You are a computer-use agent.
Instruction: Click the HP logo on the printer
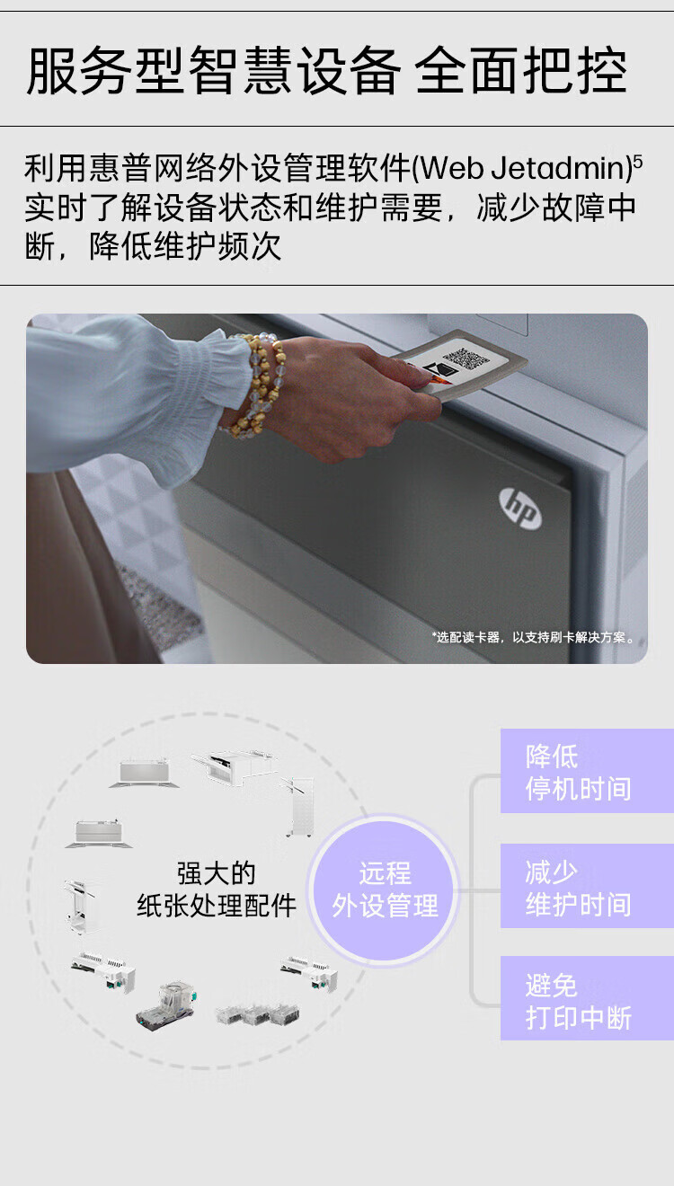pos(520,508)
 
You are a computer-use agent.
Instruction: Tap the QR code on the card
pos(466,358)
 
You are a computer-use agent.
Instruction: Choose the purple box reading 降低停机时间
pos(587,770)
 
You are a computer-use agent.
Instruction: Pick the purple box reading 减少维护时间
pos(587,886)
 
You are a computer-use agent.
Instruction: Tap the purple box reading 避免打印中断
pos(587,999)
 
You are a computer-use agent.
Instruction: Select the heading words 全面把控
pos(521,70)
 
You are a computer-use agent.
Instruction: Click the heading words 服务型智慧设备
pos(213,70)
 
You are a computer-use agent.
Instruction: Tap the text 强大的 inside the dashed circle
pos(216,873)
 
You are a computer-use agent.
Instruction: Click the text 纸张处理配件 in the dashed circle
pos(216,906)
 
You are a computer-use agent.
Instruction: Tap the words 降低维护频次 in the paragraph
pos(185,246)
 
